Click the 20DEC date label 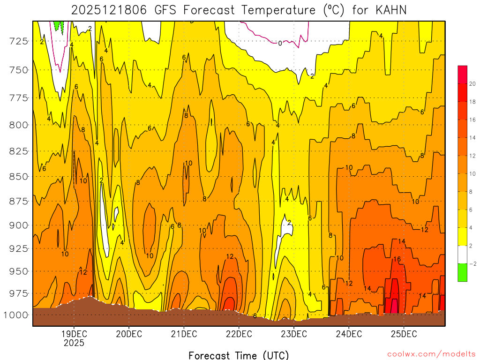tap(129, 334)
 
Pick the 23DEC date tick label tap(294, 334)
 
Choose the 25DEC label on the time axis tap(404, 334)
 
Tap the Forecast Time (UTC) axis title tap(239, 355)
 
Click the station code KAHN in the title tap(391, 10)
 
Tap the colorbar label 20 tap(473, 84)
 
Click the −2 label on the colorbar tap(472, 263)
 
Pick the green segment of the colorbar tap(462, 272)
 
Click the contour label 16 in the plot tap(397, 259)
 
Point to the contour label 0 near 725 tap(280, 43)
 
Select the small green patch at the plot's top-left tap(59, 25)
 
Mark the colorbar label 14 tap(473, 138)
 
